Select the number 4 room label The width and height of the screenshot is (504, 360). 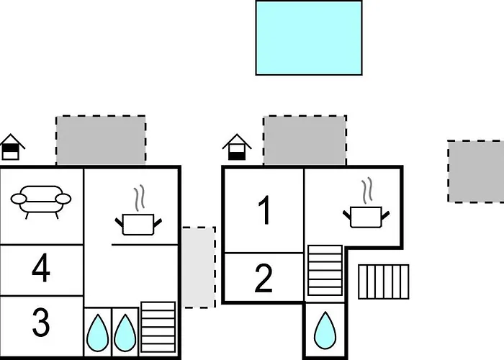tap(41, 268)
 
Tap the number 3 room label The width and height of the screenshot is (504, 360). tap(41, 322)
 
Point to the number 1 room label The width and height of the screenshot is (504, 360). tap(264, 210)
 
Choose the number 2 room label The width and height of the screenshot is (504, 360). tap(264, 279)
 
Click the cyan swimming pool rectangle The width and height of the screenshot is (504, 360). tap(309, 38)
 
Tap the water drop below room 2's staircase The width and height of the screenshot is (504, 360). tap(325, 330)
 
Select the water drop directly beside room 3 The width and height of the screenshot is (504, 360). tap(97, 333)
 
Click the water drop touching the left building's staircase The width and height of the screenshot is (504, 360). tap(125, 333)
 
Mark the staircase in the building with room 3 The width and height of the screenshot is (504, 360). tap(158, 327)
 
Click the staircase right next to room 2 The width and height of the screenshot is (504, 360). tap(325, 270)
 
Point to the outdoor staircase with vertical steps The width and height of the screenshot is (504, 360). tap(384, 282)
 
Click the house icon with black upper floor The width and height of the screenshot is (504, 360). tap(11, 147)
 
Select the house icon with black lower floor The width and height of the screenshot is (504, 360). tap(237, 147)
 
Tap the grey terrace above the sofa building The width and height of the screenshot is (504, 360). tap(101, 140)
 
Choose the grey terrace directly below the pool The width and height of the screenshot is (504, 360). tap(305, 140)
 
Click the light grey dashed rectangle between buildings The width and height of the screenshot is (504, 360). tap(199, 267)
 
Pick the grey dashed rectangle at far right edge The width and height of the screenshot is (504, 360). tap(476, 171)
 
